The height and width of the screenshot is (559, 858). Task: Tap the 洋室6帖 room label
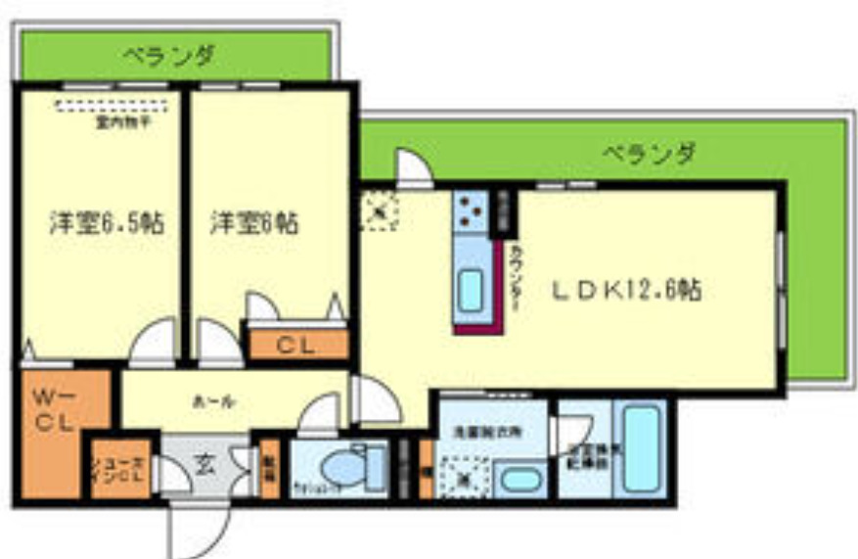click(252, 222)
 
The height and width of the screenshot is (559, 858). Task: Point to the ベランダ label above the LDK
click(649, 154)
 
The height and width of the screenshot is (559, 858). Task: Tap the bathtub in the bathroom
click(641, 450)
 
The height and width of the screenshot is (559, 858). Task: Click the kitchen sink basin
click(473, 289)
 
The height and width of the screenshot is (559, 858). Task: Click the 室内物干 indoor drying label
click(122, 123)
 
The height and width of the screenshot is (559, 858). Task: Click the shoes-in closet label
click(118, 470)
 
